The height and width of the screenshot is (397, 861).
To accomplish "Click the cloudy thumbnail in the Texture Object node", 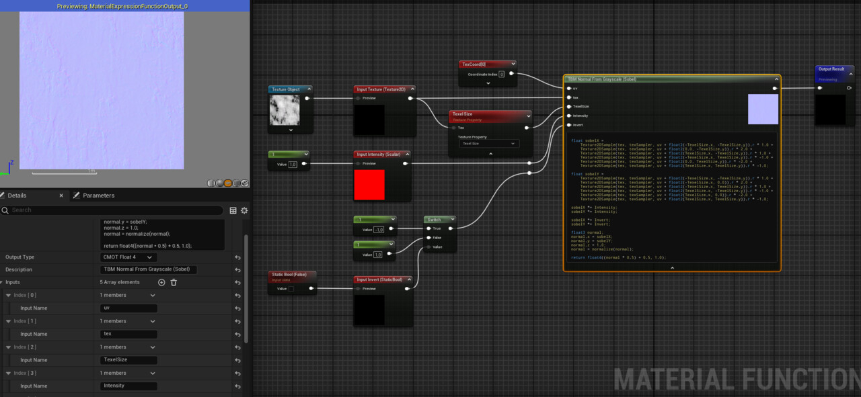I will pos(285,109).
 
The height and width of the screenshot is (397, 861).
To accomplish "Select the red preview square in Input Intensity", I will pos(369,185).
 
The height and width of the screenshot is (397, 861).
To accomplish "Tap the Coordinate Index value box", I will pos(501,74).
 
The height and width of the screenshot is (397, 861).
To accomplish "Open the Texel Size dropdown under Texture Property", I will pos(489,144).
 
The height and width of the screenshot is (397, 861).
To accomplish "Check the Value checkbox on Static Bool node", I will pos(291,289).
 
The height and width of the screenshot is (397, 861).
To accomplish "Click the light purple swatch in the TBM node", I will pos(763,109).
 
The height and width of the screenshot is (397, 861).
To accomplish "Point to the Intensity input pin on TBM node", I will pos(568,116).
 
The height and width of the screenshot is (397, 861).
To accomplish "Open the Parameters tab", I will pos(98,195).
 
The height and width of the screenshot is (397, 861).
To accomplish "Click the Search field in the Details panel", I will pos(114,210).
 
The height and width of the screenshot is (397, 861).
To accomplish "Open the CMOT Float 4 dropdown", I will pos(128,257).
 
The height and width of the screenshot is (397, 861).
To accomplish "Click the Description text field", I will pos(148,269).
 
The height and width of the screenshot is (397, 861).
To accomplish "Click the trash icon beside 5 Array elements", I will pos(174,282).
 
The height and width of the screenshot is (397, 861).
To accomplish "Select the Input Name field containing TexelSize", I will pos(128,360).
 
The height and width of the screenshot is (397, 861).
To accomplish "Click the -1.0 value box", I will pos(378,230).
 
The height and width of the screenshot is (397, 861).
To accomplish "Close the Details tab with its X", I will pos(61,195).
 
